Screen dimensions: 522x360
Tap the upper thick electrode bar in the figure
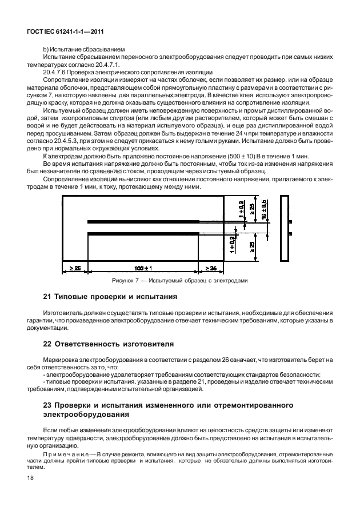click(x=142, y=222)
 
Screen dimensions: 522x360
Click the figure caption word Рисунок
click(x=122, y=281)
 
